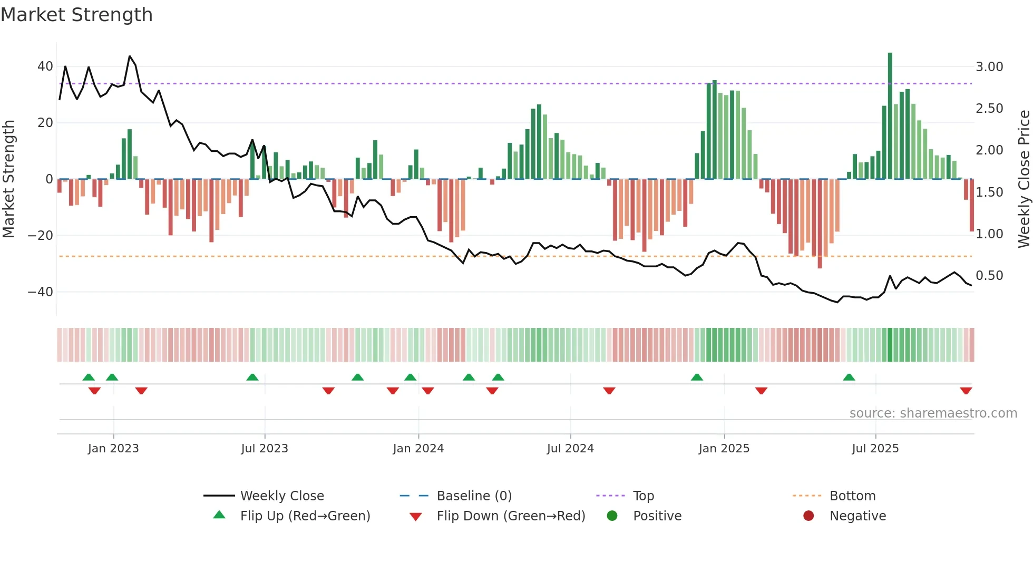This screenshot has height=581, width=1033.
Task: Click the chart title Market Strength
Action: [x=76, y=15]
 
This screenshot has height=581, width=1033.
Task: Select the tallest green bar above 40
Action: [x=890, y=116]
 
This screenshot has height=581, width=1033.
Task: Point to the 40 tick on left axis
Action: [x=45, y=66]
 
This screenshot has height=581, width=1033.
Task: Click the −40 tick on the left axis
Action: [x=41, y=292]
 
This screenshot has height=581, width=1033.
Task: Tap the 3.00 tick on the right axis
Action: [x=989, y=67]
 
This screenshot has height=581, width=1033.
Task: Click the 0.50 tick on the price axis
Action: [x=989, y=276]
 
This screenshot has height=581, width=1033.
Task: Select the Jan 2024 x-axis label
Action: [x=418, y=449]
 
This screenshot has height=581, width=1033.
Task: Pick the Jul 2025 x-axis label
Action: [x=875, y=449]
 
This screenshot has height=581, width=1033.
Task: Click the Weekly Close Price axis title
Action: [x=1024, y=179]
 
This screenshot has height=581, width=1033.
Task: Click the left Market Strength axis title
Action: [x=8, y=179]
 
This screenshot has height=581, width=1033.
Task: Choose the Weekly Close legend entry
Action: [x=282, y=496]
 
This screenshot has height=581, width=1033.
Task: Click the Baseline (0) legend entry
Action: [x=474, y=496]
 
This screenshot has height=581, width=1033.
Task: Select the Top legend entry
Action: [x=643, y=496]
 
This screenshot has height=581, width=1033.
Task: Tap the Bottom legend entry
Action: [x=852, y=496]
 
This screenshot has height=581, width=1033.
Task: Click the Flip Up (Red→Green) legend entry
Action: [x=305, y=516]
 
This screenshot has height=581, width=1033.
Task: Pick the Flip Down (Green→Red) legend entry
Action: [x=511, y=516]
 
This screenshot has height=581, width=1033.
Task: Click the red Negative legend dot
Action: [x=808, y=516]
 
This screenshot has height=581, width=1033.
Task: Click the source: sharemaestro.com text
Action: [x=933, y=413]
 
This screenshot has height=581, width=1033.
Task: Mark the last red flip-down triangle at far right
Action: [x=966, y=391]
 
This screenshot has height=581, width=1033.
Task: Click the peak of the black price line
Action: [x=130, y=56]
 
